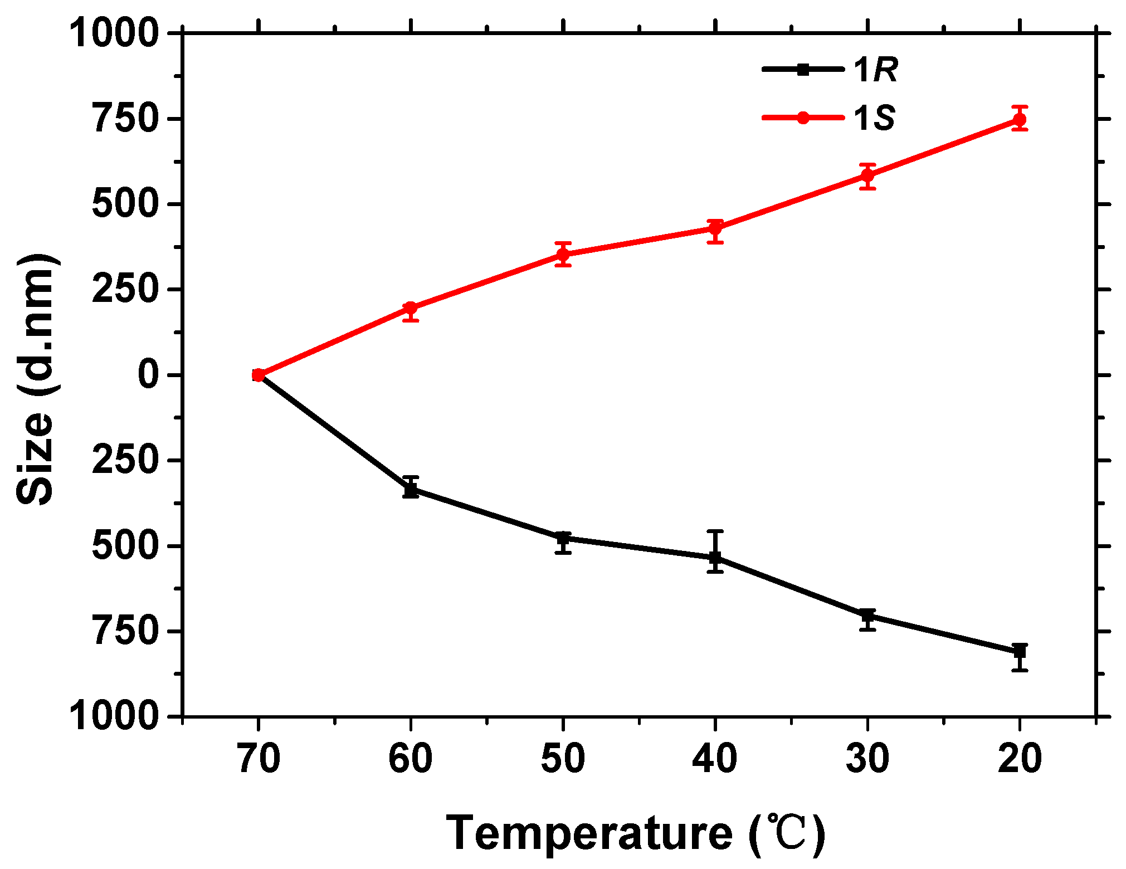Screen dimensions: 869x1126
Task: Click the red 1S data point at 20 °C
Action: click(1019, 119)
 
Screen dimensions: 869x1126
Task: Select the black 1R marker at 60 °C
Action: click(411, 490)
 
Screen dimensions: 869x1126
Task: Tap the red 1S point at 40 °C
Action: click(715, 228)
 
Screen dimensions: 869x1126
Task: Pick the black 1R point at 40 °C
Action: click(715, 558)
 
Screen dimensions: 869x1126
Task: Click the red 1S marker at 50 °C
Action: click(563, 255)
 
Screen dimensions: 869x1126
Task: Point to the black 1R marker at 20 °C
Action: click(1019, 651)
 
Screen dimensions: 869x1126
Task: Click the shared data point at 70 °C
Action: click(258, 375)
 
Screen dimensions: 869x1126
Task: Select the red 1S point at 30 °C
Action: click(867, 175)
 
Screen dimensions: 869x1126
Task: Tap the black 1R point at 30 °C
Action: click(867, 616)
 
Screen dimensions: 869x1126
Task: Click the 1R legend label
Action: click(875, 71)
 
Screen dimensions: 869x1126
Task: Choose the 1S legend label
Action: click(874, 118)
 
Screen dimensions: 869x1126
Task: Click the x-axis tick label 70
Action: click(258, 759)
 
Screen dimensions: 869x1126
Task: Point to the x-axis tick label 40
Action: click(715, 759)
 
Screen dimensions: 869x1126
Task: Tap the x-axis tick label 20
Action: click(1019, 759)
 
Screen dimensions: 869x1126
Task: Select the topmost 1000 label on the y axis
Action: click(114, 33)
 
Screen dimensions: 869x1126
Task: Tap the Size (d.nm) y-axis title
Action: click(35, 379)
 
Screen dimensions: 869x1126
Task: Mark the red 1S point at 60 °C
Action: click(411, 308)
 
